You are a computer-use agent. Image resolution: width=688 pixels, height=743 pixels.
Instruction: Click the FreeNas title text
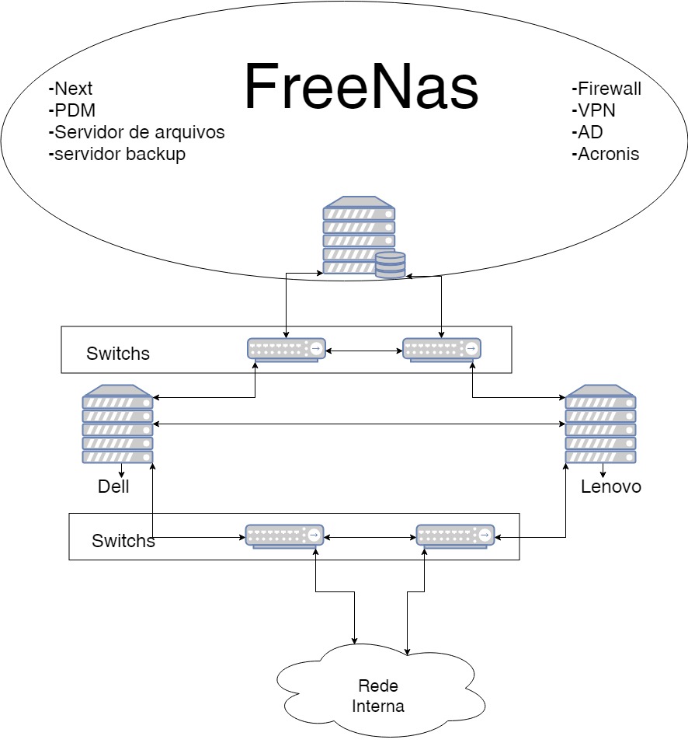coord(361,87)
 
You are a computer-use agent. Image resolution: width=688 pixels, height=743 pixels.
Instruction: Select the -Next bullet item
coord(71,89)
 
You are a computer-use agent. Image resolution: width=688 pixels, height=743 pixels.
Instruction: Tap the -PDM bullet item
coord(72,110)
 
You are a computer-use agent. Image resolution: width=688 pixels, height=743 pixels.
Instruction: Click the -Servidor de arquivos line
coord(137,132)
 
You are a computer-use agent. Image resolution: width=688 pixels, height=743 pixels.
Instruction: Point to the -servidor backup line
coord(117,154)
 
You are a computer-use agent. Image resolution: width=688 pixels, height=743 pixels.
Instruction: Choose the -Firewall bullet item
coord(606,89)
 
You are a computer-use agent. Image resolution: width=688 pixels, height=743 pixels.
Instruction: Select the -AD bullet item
coord(587,132)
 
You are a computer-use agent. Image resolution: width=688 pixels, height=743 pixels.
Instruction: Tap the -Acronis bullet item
coord(606,154)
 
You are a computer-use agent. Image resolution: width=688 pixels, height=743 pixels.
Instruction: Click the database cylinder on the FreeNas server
coord(390,264)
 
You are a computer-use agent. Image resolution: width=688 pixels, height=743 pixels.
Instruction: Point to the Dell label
coord(113,487)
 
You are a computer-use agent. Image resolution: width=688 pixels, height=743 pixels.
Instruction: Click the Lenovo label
coord(611,487)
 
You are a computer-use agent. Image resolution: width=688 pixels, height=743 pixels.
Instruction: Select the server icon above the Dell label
coord(118,424)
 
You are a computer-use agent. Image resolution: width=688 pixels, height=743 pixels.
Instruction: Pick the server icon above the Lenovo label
coord(600,424)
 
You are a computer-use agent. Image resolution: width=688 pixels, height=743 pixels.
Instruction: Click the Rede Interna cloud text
coord(378,696)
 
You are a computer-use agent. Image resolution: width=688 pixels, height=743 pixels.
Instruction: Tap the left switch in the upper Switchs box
coord(287,350)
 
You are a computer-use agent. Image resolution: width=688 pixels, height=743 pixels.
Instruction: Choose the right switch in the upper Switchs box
coord(441,350)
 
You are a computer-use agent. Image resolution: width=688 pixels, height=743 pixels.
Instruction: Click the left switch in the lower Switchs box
coord(284,535)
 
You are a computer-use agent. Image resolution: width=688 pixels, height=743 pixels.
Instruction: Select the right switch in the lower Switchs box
coord(455,535)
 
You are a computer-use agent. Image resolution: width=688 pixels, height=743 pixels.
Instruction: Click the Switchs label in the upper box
coord(118,354)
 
